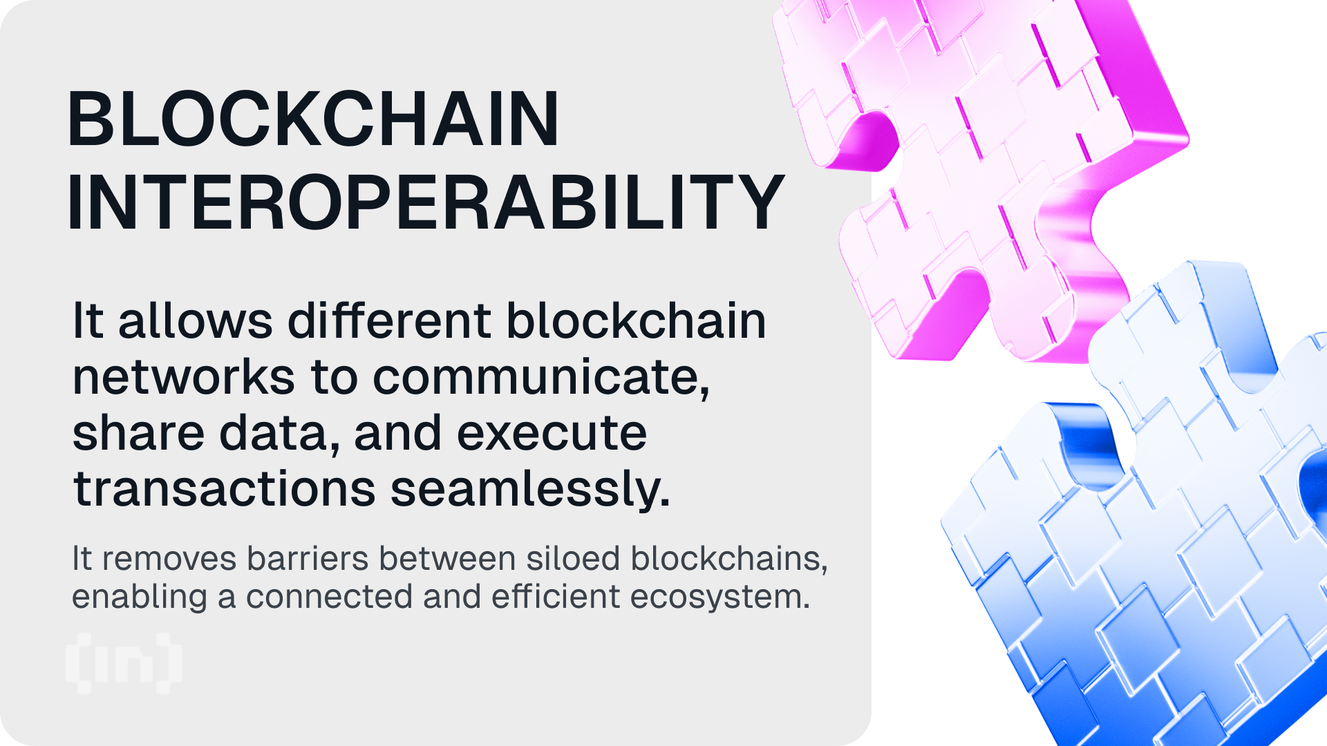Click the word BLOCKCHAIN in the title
click(312, 119)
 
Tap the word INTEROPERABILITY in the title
click(425, 202)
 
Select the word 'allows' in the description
click(196, 321)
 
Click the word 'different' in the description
click(389, 321)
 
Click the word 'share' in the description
click(138, 433)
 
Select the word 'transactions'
click(224, 489)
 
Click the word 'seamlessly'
click(529, 489)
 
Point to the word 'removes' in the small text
click(169, 559)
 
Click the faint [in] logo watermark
click(124, 663)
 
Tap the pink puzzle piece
click(981, 173)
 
